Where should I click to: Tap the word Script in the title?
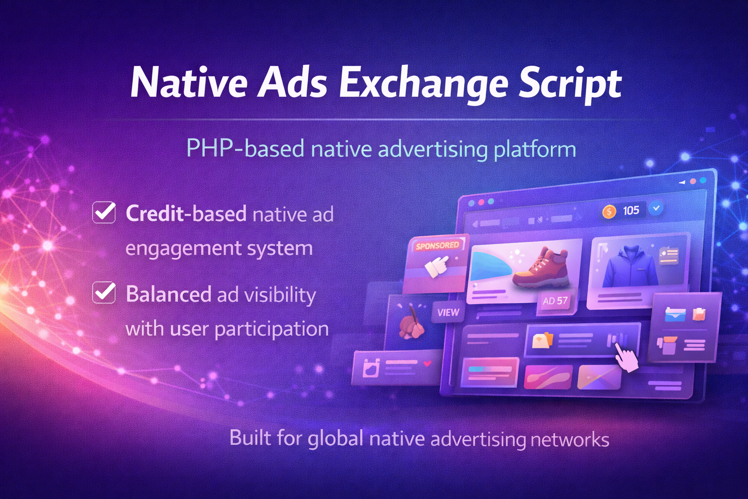[x=570, y=84]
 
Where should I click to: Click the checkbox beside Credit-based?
[x=104, y=212]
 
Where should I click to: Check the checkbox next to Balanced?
[x=104, y=293]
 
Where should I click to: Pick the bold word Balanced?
[x=168, y=294]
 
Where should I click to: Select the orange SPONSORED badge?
[x=437, y=246]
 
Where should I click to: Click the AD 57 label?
[x=555, y=301]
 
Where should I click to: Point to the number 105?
[x=631, y=211]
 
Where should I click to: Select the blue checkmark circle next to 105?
[x=656, y=208]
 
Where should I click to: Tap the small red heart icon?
[x=427, y=364]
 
